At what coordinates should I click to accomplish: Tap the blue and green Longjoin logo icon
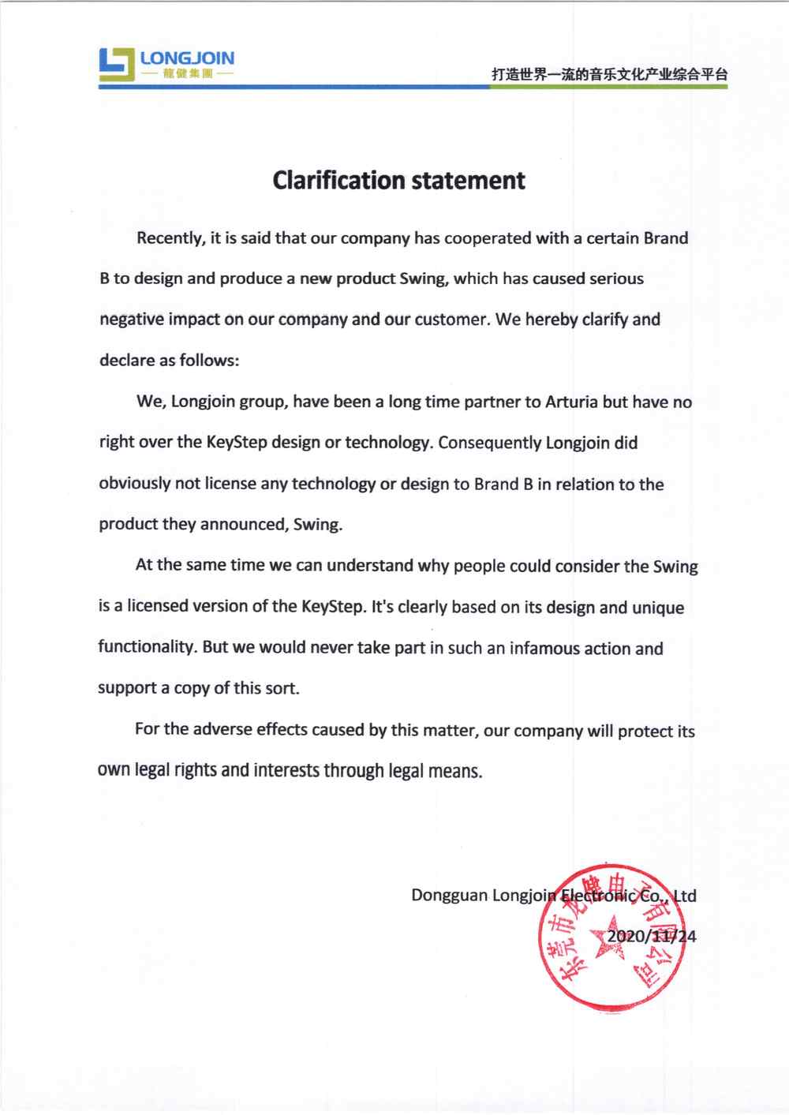pyautogui.click(x=117, y=65)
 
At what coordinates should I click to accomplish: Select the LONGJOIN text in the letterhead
pyautogui.click(x=187, y=58)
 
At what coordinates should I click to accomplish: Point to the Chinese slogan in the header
pyautogui.click(x=609, y=74)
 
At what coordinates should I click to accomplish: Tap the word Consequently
pyautogui.click(x=489, y=443)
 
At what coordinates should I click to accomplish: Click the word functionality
pyautogui.click(x=147, y=647)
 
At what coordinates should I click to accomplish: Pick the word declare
pyautogui.click(x=126, y=361)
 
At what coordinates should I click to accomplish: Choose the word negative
pyautogui.click(x=131, y=320)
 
